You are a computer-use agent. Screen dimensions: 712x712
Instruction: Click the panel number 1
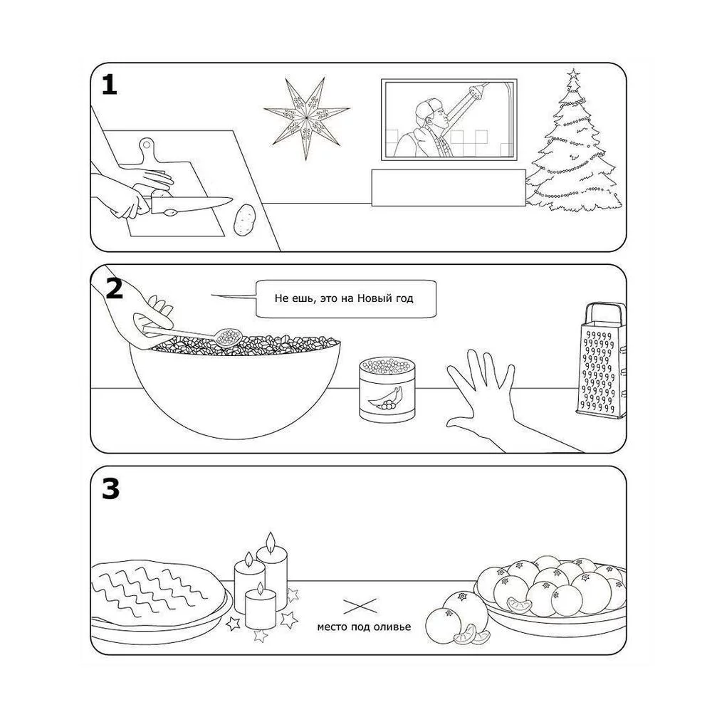pyautogui.click(x=109, y=85)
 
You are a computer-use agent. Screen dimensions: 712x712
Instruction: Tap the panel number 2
pyautogui.click(x=114, y=288)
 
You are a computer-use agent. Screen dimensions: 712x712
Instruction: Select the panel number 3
pyautogui.click(x=110, y=489)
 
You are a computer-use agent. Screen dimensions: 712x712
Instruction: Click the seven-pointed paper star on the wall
pyautogui.click(x=306, y=118)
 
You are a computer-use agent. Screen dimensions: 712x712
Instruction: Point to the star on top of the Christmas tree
pyautogui.click(x=574, y=73)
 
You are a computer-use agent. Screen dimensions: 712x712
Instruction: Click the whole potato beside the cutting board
pyautogui.click(x=245, y=220)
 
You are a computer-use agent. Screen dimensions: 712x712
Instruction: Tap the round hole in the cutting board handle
pyautogui.click(x=147, y=145)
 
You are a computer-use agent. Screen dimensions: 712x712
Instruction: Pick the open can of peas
pyautogui.click(x=387, y=389)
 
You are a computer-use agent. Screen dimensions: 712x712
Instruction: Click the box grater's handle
pyautogui.click(x=604, y=314)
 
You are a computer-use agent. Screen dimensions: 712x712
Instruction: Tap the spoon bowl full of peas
pyautogui.click(x=229, y=337)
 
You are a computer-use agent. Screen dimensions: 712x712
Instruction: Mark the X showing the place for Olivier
pyautogui.click(x=360, y=606)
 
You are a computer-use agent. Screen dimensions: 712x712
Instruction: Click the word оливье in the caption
pyautogui.click(x=392, y=627)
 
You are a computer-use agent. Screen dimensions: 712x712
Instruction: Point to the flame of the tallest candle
pyautogui.click(x=271, y=541)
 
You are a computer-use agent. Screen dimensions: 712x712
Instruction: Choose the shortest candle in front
pyautogui.click(x=260, y=609)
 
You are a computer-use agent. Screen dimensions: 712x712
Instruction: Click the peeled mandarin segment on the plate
pyautogui.click(x=520, y=605)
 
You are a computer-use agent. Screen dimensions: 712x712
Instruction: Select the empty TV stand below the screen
pyautogui.click(x=449, y=187)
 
